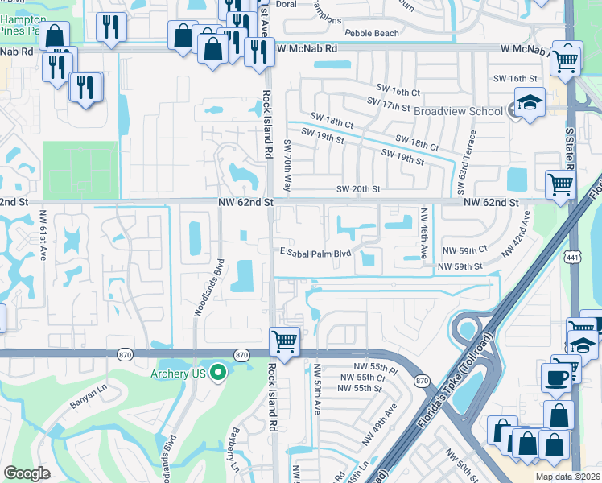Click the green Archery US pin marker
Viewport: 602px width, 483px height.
click(x=216, y=373)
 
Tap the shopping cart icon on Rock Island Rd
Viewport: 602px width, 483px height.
click(x=284, y=341)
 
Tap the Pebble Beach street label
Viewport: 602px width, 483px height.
click(x=371, y=33)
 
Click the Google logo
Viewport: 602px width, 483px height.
click(x=27, y=473)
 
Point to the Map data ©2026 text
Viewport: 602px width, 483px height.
click(x=567, y=477)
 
